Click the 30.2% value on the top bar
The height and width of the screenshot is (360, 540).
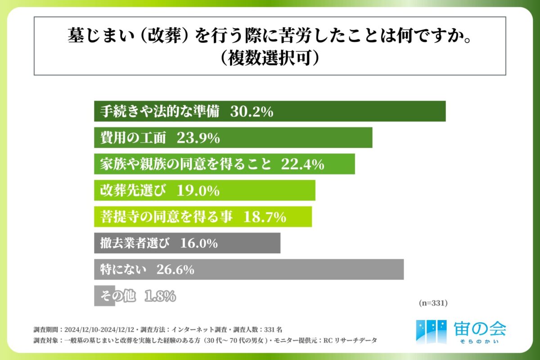[252, 112]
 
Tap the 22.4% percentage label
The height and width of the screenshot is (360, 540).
[302, 164]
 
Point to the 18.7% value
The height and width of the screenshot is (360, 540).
[265, 217]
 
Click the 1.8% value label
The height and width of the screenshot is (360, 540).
[160, 296]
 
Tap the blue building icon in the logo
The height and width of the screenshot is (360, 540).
[431, 331]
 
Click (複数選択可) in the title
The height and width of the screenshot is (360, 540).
[270, 58]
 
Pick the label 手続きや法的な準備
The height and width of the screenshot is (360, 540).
[160, 112]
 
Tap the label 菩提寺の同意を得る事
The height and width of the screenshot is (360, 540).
[166, 217]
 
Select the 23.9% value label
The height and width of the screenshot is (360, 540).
[198, 138]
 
